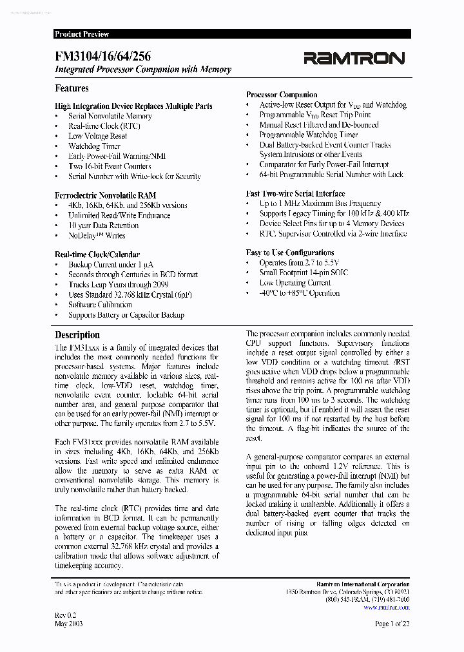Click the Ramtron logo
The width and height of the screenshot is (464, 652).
pos(354,59)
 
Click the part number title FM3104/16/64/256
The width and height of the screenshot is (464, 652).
pos(103,57)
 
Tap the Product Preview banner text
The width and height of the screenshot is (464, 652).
pos(82,34)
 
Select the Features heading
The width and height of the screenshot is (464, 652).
pos(72,88)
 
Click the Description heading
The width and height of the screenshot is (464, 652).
pos(77,335)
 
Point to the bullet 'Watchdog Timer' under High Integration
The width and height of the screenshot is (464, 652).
pos(94,146)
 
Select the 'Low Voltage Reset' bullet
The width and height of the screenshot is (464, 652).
pos(97,136)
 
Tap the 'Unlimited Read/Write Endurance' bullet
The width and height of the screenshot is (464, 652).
pos(119,215)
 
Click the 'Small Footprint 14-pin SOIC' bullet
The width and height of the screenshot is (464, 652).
pos(304,273)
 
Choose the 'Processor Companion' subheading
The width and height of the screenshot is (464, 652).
pos(282,95)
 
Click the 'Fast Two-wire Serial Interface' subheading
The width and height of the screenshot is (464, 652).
pos(295,193)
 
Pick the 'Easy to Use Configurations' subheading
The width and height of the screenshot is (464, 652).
pos(290,253)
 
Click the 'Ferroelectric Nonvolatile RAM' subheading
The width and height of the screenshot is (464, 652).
pos(105,195)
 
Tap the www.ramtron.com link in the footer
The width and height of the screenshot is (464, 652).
pos(386,607)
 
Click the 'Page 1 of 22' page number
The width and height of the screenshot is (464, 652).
pos(392,624)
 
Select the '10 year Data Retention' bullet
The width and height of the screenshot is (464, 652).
pos(103,225)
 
